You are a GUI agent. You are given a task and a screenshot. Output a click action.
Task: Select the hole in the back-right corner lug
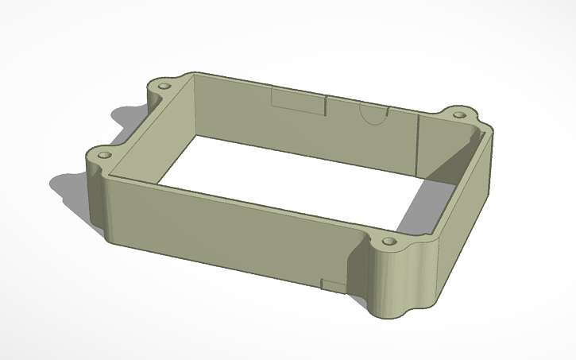coord(460,113)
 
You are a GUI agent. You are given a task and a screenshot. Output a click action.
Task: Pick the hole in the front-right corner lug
coord(389,240)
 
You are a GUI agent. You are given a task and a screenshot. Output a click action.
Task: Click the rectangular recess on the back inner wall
coord(298,101)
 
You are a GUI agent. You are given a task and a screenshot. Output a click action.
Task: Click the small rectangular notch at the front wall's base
coord(331,284)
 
